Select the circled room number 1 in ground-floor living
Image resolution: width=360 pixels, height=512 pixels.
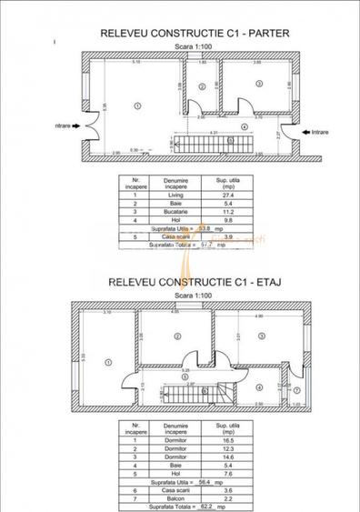pyautogui.click(x=136, y=105)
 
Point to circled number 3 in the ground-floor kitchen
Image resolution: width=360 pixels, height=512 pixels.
pyautogui.click(x=259, y=84)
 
